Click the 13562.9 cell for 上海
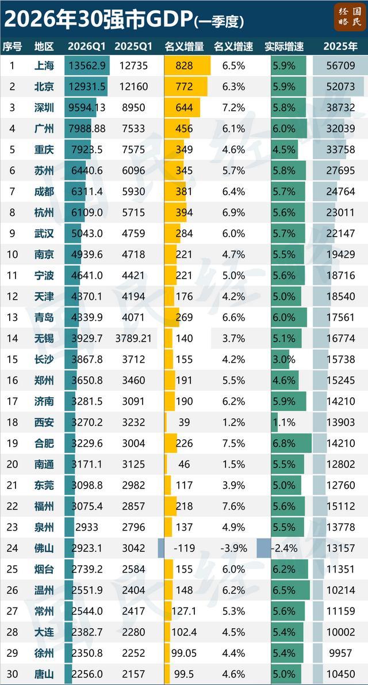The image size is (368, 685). tap(87, 66)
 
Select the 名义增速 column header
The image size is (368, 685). tap(233, 47)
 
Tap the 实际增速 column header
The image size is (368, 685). tap(284, 47)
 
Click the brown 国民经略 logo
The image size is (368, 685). tap(350, 17)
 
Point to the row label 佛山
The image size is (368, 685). tap(44, 548)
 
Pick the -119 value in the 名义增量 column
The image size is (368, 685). tap(184, 548)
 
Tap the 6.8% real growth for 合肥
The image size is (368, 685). tap(283, 443)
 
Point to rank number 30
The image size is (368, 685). tap(12, 674)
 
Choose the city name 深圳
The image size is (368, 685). tap(44, 107)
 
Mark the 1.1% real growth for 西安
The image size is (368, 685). tap(283, 422)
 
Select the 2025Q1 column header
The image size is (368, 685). tap(133, 47)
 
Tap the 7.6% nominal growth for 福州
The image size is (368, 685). tap(233, 506)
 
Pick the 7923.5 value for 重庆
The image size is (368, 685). tap(87, 149)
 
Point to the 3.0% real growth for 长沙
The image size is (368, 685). tap(283, 359)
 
